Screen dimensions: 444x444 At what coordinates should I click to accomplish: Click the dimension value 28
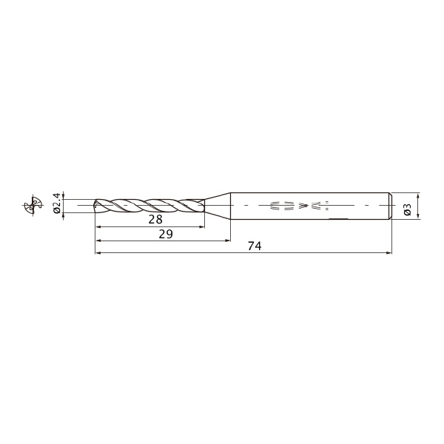[155, 219]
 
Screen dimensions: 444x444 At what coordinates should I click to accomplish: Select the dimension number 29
[166, 234]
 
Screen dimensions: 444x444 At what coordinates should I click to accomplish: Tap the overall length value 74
[255, 246]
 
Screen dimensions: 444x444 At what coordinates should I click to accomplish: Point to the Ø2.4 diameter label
[57, 203]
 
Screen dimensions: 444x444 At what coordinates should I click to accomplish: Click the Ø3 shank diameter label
[407, 209]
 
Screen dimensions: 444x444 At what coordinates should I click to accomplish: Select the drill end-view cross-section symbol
[33, 205]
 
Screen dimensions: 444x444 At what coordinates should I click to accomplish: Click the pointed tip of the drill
[94, 205]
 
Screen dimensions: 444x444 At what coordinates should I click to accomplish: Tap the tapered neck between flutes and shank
[217, 206]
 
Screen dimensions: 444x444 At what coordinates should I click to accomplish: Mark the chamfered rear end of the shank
[390, 206]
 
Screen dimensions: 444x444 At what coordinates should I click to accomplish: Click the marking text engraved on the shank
[299, 206]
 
